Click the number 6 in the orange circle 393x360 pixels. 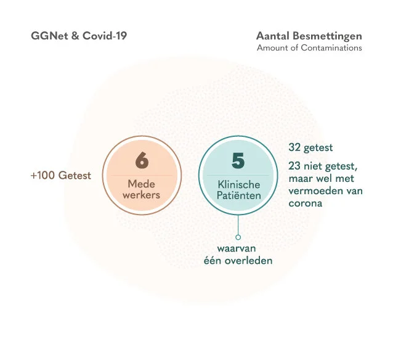point(142,161)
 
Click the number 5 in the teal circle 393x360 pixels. point(238,160)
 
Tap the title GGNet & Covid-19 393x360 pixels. point(79,36)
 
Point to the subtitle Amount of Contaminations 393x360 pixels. point(309,48)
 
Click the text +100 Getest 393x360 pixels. point(60,175)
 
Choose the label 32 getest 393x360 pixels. point(310,148)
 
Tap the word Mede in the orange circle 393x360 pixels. point(142,184)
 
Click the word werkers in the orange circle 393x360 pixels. point(142,195)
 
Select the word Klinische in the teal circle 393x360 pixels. point(238,184)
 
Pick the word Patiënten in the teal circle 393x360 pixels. point(238,196)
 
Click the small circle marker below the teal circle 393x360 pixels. point(238,237)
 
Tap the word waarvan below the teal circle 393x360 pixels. point(238,249)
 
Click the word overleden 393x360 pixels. point(249,261)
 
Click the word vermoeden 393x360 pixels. point(311,190)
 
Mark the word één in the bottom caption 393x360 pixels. point(214,261)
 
